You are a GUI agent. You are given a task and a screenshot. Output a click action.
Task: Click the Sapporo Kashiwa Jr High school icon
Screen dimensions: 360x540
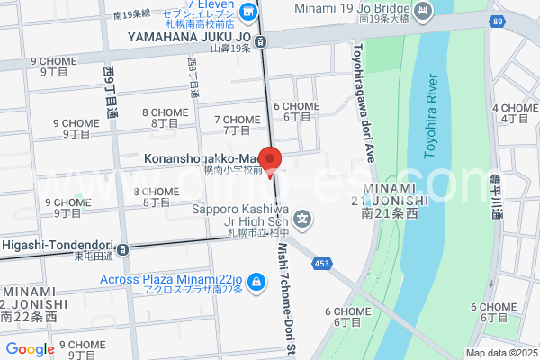304,217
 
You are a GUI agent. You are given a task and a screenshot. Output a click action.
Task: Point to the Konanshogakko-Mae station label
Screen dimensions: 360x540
200,158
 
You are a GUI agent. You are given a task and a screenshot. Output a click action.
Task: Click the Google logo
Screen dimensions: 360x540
30,349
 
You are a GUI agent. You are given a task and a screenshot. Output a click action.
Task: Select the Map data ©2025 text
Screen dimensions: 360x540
499,353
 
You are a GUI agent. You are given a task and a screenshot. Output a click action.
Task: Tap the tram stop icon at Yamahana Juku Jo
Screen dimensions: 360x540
261,41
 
